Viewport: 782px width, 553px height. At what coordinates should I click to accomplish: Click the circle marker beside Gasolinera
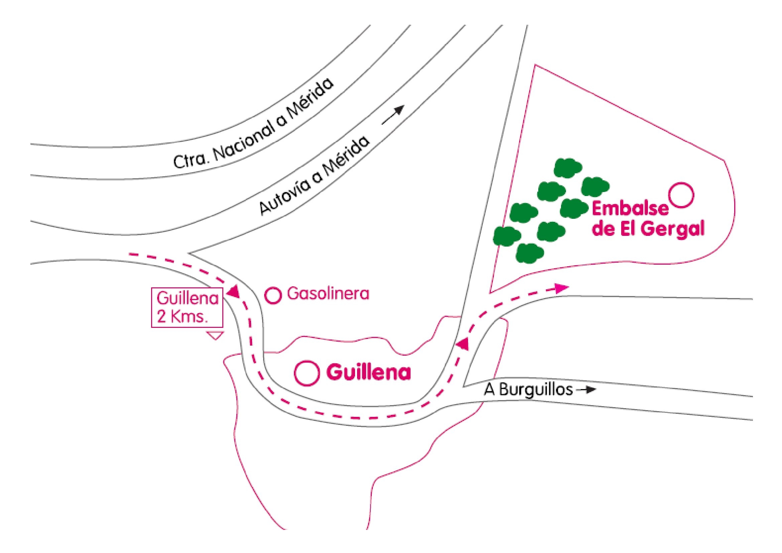(x=273, y=295)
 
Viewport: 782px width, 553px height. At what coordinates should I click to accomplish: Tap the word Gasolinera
(x=328, y=294)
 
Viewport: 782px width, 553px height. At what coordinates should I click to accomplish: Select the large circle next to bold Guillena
(x=307, y=373)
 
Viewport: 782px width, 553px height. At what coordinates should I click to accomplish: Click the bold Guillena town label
(x=368, y=372)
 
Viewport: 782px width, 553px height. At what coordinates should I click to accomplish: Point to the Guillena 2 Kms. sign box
(x=187, y=308)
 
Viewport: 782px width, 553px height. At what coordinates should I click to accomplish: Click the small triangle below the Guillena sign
(x=215, y=336)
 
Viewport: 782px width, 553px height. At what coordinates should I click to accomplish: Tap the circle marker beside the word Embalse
(x=681, y=195)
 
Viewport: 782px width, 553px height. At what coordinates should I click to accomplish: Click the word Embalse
(x=630, y=208)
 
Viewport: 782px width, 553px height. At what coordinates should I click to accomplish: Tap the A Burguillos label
(x=528, y=390)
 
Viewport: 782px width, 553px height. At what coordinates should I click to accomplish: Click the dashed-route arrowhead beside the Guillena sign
(x=234, y=291)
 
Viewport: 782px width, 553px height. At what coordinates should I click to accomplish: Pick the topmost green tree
(x=568, y=168)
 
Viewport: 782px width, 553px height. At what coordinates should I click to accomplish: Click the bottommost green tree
(x=530, y=253)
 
